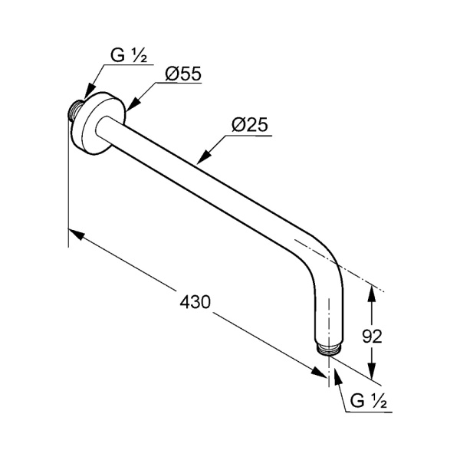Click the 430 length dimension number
coord(195,302)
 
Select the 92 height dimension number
coord(372,337)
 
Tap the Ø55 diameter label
coord(183,74)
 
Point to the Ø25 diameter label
coord(250,125)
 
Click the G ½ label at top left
coord(129,55)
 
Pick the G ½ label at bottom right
coord(369,401)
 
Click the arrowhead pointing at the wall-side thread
coord(90,91)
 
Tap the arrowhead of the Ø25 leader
coord(203,156)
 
